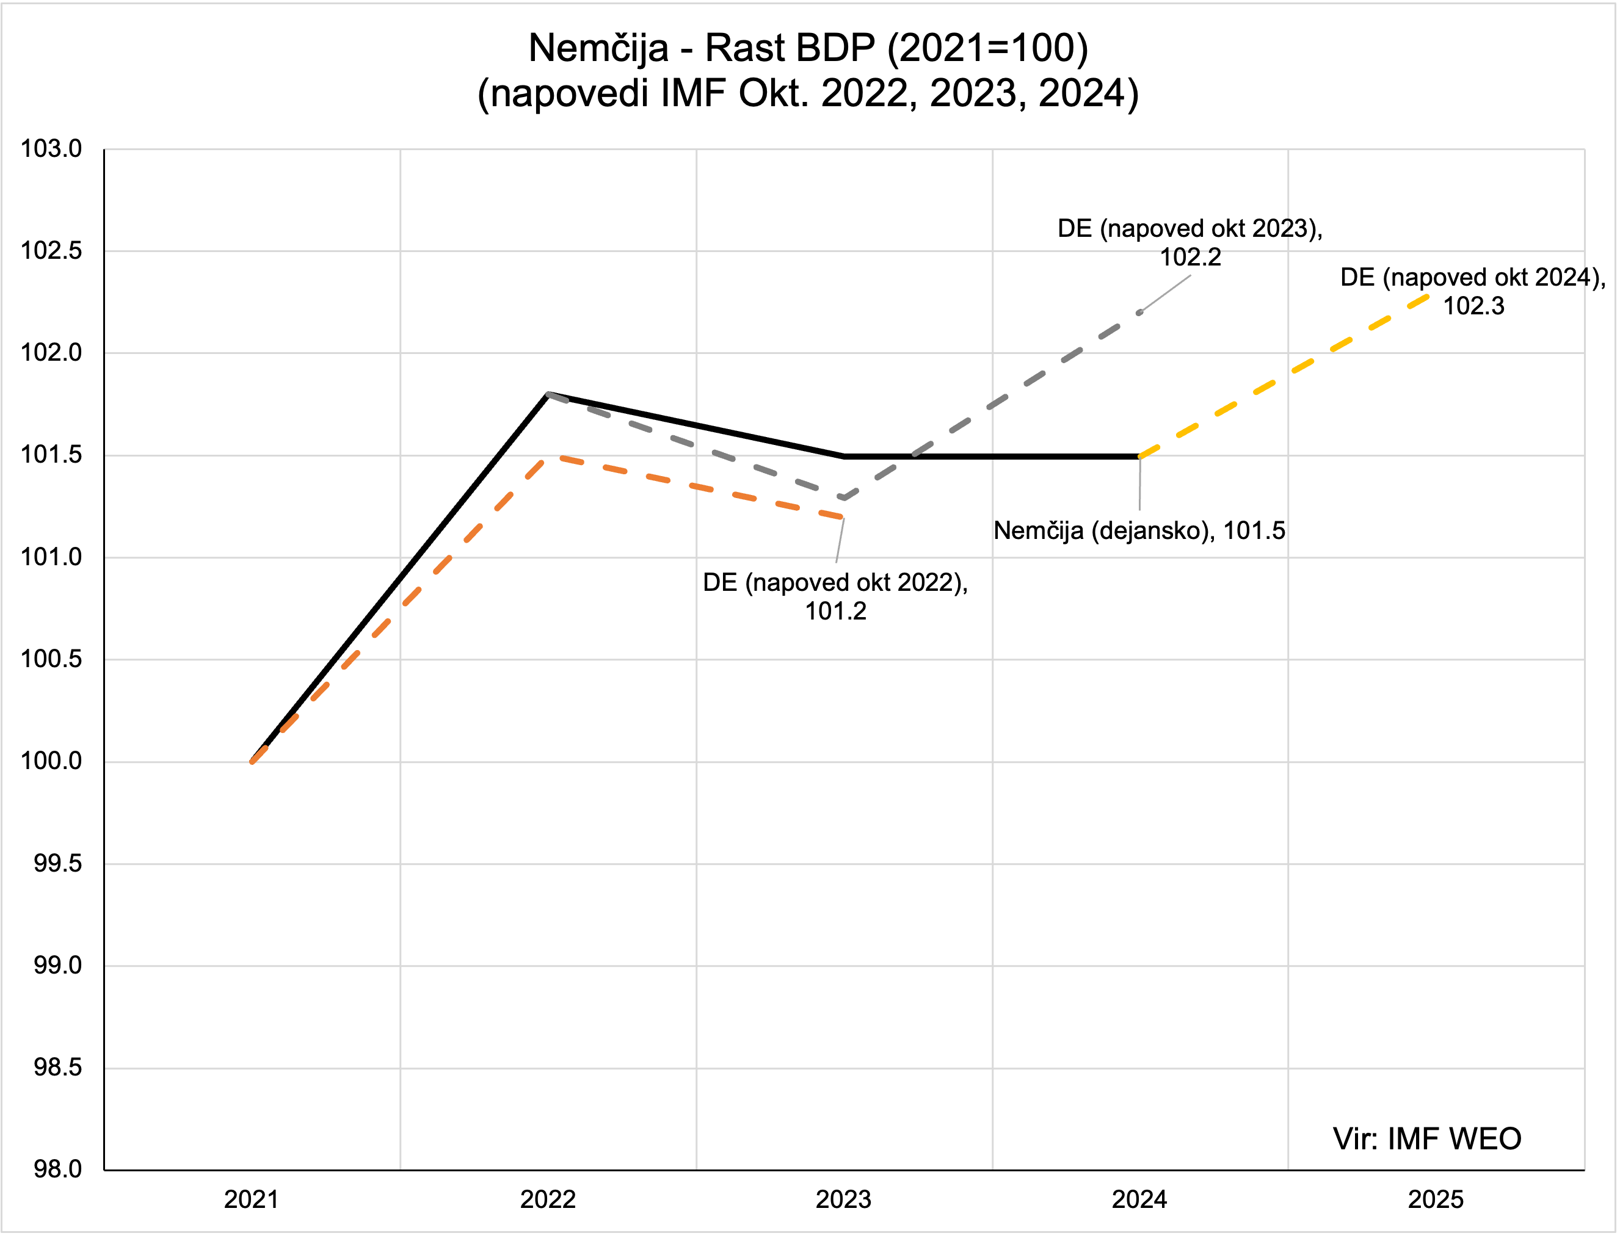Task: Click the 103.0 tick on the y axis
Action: pos(51,148)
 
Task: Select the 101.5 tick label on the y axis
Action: pos(51,455)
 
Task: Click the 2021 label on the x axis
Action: pos(251,1200)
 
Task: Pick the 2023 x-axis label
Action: pos(843,1200)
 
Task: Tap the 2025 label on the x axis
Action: pos(1435,1200)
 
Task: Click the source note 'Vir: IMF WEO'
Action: pos(1426,1139)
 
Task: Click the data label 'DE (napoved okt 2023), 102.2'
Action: pos(1190,242)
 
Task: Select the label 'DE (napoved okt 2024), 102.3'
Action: pos(1473,291)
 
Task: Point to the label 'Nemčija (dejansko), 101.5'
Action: pos(1139,530)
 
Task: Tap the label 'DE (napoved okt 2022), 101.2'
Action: pos(835,596)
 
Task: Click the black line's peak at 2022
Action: pos(548,394)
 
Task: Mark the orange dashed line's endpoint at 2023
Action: pos(843,517)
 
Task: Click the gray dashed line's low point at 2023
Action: pos(843,498)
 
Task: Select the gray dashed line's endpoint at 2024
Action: pos(1140,313)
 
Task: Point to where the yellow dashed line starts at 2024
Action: pos(1140,456)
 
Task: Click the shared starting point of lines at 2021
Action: pos(252,762)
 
